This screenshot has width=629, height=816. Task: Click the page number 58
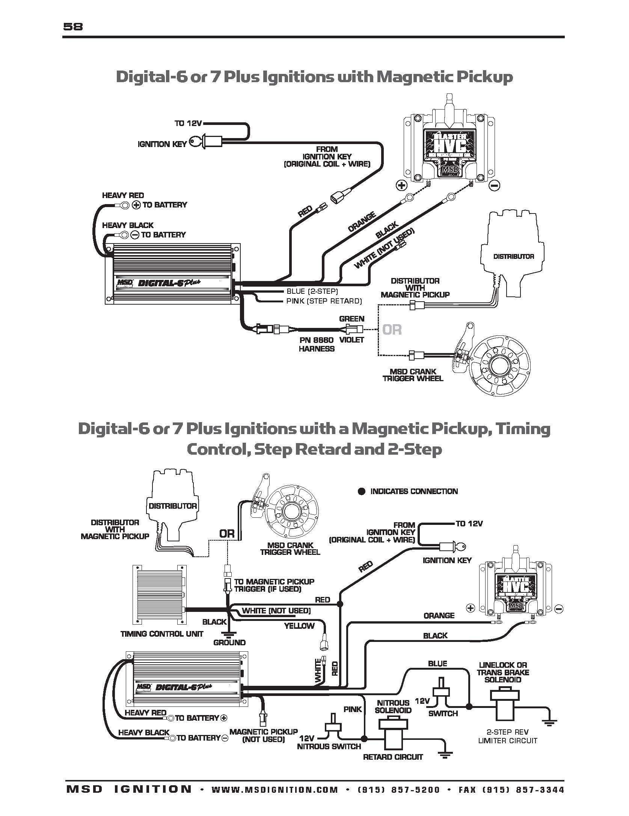pyautogui.click(x=73, y=27)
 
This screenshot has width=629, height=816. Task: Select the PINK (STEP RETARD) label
pyautogui.click(x=324, y=301)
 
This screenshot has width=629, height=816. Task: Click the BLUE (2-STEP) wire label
pyautogui.click(x=312, y=291)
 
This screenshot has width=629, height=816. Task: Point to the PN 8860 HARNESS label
pyautogui.click(x=317, y=344)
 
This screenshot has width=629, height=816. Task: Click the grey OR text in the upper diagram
pyautogui.click(x=392, y=330)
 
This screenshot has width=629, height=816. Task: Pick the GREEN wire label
pyautogui.click(x=351, y=319)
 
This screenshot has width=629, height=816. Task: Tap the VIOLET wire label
pyautogui.click(x=352, y=340)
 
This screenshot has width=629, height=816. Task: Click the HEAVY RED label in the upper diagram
pyautogui.click(x=123, y=195)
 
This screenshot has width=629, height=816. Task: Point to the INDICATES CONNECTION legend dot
pyautogui.click(x=362, y=491)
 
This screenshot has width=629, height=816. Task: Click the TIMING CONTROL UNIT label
pyautogui.click(x=161, y=634)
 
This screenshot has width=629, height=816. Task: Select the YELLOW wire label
pyautogui.click(x=299, y=625)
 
